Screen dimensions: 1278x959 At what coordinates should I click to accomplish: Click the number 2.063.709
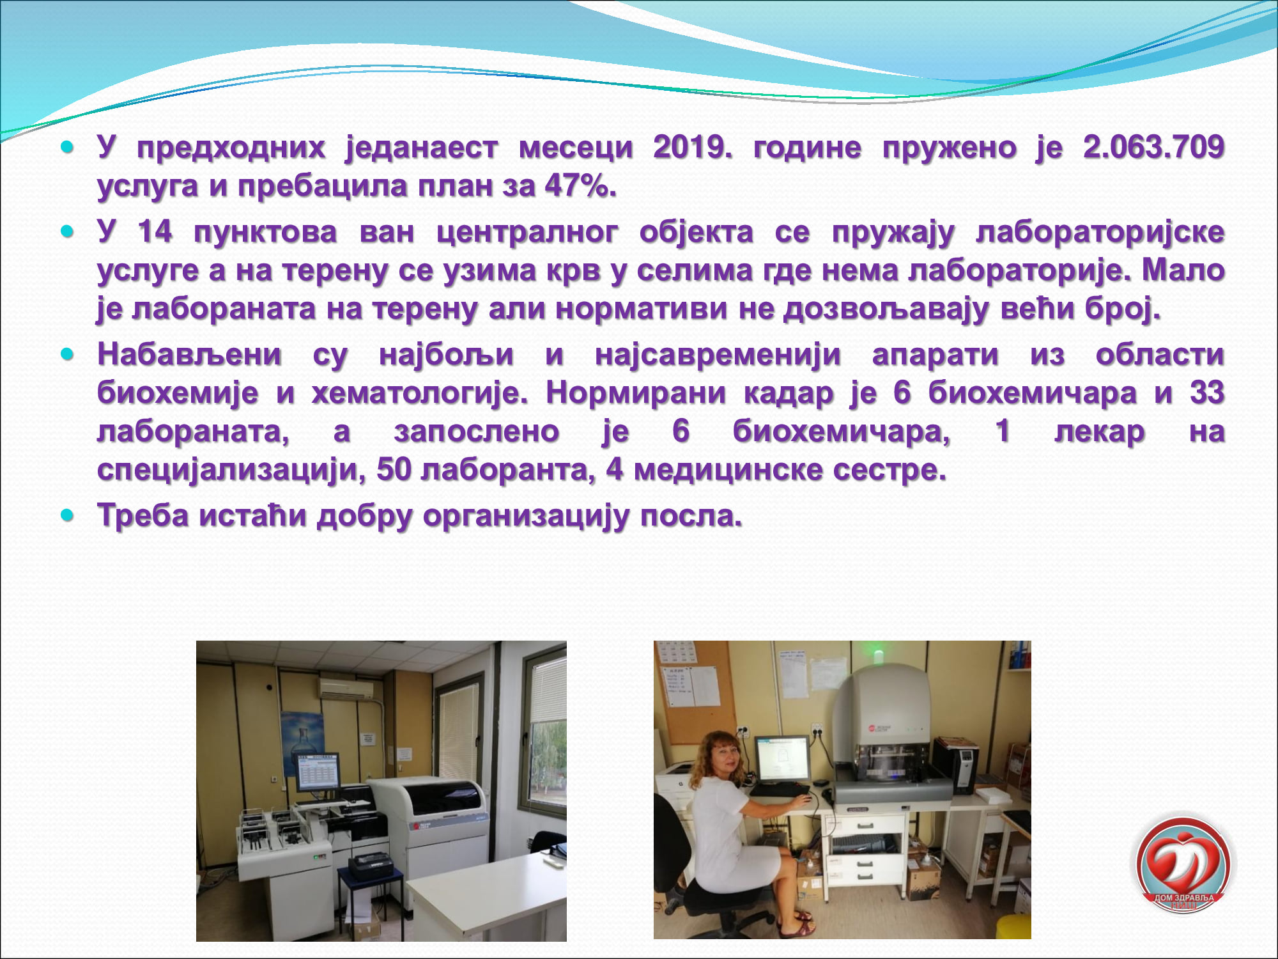(1154, 148)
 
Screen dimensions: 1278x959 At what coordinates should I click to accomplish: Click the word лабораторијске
(1100, 232)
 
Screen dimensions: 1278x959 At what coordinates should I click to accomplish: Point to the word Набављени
(189, 355)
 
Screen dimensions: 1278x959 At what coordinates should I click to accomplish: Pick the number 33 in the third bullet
(1207, 393)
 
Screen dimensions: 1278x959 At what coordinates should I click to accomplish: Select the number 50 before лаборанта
(394, 470)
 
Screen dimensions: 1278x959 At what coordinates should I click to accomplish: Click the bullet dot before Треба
(68, 515)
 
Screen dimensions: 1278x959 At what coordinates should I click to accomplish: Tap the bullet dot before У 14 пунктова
(68, 231)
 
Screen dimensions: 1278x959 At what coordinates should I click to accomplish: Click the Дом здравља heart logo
(1183, 864)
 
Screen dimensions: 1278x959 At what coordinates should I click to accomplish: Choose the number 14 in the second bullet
(155, 231)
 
